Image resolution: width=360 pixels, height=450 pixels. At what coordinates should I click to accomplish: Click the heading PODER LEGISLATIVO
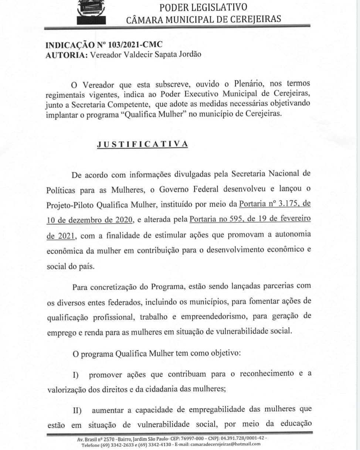click(203, 7)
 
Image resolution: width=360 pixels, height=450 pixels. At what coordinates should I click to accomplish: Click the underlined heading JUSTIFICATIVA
click(142, 144)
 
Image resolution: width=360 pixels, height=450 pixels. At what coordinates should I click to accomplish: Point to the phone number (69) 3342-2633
click(118, 444)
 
